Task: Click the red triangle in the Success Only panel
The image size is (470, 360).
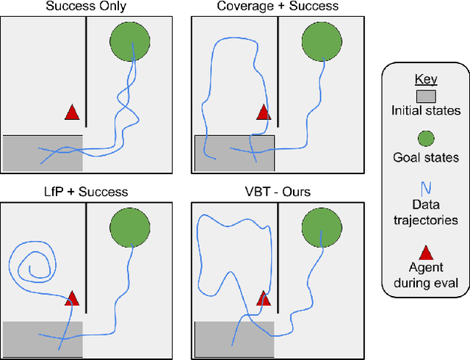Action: [x=71, y=112]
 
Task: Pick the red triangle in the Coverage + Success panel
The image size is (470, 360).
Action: [x=263, y=112]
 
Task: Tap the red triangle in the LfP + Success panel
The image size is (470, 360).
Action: [x=71, y=298]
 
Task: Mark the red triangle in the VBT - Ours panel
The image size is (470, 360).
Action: [x=263, y=298]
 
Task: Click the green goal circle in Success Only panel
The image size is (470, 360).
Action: [x=131, y=43]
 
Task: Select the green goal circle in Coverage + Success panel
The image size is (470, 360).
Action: [x=322, y=43]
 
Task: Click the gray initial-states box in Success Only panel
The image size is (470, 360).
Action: [x=43, y=154]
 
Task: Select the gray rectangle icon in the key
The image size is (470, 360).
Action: [x=425, y=96]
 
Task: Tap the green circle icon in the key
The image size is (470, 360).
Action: [x=425, y=139]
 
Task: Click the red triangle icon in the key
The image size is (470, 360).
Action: [x=425, y=251]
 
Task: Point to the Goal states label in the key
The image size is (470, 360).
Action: [x=425, y=157]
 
